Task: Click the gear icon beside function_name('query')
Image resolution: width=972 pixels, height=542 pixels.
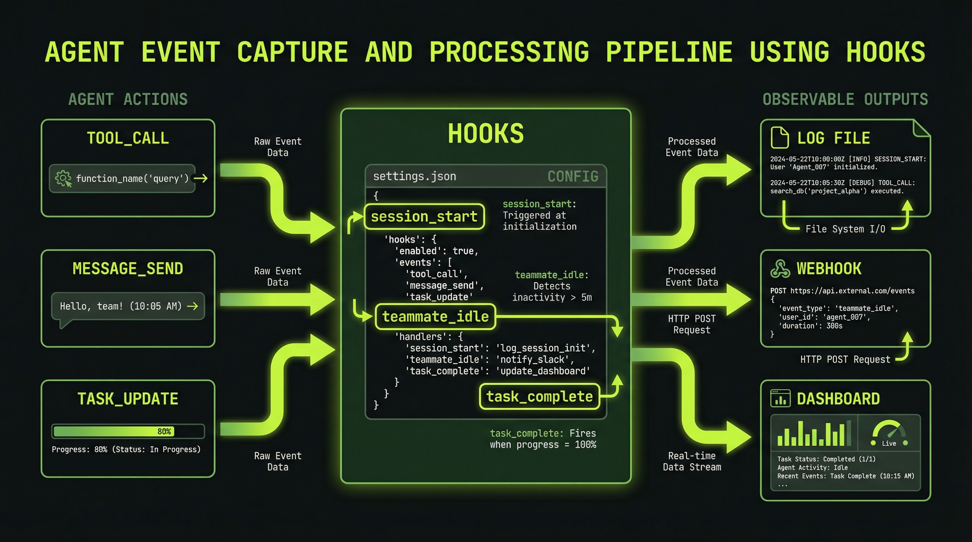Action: point(63,178)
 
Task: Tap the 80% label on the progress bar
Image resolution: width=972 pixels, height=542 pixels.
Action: point(164,431)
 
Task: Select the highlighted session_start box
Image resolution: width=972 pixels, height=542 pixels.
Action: point(424,217)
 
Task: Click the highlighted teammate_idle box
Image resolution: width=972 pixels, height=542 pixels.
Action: point(435,317)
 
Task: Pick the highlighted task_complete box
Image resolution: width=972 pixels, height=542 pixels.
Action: point(539,397)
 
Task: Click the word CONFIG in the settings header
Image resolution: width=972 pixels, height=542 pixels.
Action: point(573,176)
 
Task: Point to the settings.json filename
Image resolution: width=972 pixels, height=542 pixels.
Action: point(414,176)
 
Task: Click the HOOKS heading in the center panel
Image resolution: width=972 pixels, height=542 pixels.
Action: point(486,133)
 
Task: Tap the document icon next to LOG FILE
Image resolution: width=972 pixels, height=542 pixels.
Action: point(780,138)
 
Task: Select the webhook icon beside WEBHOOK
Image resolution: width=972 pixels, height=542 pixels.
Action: point(780,269)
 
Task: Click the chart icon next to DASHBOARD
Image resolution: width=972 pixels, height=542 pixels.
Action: point(780,399)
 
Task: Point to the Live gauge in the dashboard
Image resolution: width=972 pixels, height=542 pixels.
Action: point(889,434)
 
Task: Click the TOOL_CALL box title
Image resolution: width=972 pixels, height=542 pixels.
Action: point(128,138)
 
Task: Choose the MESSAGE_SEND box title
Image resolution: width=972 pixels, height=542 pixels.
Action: point(128,269)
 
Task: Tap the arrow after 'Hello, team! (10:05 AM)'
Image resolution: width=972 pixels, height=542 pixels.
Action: point(192,306)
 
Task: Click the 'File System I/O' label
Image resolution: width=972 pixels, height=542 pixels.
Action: point(845,229)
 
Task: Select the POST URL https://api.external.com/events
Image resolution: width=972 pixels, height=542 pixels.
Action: point(852,291)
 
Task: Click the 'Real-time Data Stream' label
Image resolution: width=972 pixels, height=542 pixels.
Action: point(692,461)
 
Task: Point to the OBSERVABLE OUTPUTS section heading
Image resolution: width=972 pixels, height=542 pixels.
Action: point(845,100)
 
